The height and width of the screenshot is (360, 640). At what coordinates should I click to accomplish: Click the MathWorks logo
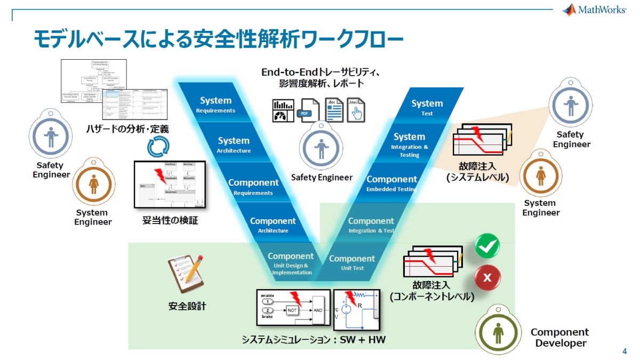click(x=594, y=10)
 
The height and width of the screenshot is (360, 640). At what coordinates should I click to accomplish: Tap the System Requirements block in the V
click(x=215, y=105)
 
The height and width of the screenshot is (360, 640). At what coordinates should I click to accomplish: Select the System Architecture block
click(x=234, y=145)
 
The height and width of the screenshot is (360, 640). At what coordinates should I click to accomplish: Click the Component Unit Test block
click(x=352, y=262)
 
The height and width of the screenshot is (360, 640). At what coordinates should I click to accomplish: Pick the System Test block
click(x=427, y=107)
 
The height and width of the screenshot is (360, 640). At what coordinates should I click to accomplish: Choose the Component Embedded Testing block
click(x=391, y=183)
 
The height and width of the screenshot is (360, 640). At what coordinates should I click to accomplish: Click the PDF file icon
click(x=309, y=110)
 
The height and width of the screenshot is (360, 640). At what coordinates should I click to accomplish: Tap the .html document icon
click(x=356, y=110)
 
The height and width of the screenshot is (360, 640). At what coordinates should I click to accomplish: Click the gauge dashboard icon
click(x=283, y=110)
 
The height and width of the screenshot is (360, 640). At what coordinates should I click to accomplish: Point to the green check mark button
click(x=487, y=246)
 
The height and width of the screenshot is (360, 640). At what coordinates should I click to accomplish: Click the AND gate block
click(x=318, y=309)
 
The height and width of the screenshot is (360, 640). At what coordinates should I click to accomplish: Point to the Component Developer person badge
click(x=498, y=331)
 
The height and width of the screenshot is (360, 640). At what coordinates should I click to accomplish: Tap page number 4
click(x=625, y=351)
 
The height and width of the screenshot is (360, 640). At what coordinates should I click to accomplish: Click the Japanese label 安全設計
click(x=187, y=306)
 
